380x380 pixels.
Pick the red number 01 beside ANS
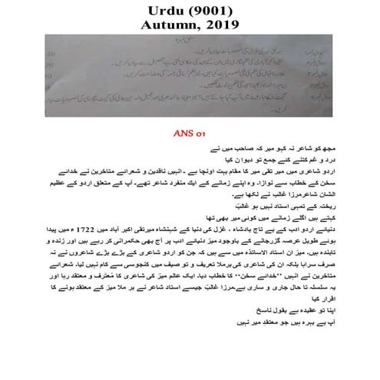tap(201, 133)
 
